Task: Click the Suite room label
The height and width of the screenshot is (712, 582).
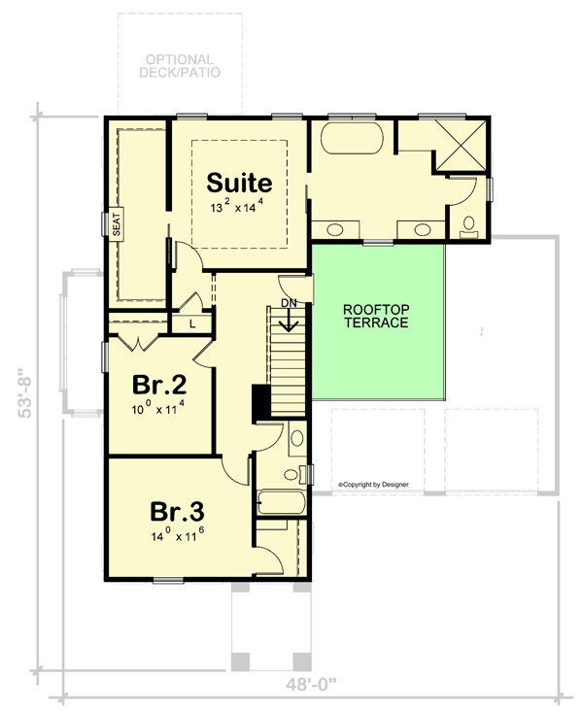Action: pyautogui.click(x=239, y=183)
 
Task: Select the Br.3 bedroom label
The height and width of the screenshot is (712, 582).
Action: pyautogui.click(x=177, y=511)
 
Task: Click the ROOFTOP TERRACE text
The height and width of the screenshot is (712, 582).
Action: pyautogui.click(x=376, y=316)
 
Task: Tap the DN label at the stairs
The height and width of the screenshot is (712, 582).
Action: pyautogui.click(x=288, y=303)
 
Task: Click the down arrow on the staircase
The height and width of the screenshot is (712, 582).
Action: pyautogui.click(x=288, y=321)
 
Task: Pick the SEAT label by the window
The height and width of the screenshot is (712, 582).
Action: pyautogui.click(x=116, y=226)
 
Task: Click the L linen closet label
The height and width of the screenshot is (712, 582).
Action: pyautogui.click(x=192, y=322)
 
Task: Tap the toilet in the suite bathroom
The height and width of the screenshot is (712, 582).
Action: pyautogui.click(x=469, y=224)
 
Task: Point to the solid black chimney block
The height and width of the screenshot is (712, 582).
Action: pyautogui.click(x=260, y=403)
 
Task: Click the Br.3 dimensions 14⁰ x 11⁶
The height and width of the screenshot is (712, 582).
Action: pyautogui.click(x=177, y=535)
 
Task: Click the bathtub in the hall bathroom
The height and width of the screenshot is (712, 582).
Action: pyautogui.click(x=282, y=503)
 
